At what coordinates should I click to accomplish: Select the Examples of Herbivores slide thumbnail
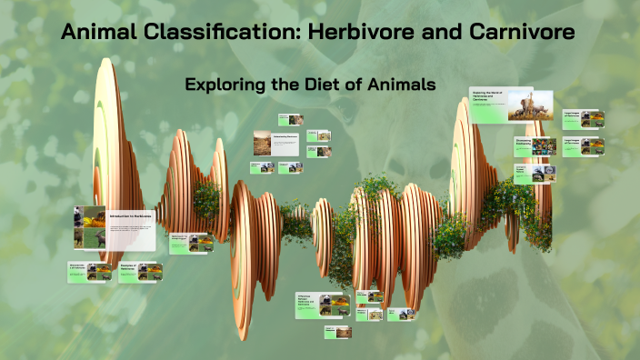pyautogui.click(x=137, y=270)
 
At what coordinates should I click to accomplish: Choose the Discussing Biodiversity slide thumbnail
pyautogui.click(x=535, y=145)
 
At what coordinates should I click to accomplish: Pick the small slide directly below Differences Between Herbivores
pyautogui.click(x=336, y=332)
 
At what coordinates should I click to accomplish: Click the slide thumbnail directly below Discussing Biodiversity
pyautogui.click(x=532, y=173)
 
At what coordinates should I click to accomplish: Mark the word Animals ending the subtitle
pyautogui.click(x=405, y=85)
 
